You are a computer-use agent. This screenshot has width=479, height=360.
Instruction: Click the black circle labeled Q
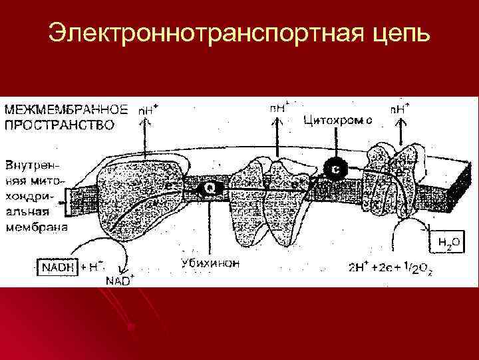(210, 189)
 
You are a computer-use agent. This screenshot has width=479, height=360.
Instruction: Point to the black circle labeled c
(336, 169)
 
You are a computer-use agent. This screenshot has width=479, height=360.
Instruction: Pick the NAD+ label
(119, 279)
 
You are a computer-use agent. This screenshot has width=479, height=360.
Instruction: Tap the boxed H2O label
(447, 242)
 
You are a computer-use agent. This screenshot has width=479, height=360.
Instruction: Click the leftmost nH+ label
(148, 109)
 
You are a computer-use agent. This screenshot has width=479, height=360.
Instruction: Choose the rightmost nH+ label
(399, 108)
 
